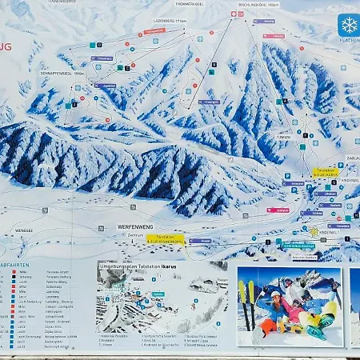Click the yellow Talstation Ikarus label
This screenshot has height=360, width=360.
click(164, 238)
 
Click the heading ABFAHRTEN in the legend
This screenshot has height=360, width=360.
click(17, 266)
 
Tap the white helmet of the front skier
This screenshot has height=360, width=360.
click(276, 294)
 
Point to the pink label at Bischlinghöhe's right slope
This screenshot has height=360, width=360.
click(274, 37)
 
